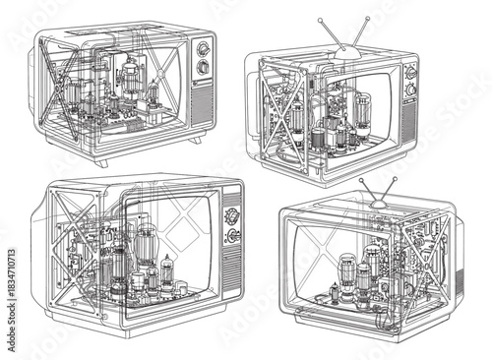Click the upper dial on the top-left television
coord(204,49)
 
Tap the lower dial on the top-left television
coord(203,68)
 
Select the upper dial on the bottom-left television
coord(232,214)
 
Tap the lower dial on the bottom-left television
coord(234,236)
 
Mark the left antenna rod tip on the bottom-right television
coord(360,181)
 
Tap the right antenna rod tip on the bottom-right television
coord(395,179)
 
